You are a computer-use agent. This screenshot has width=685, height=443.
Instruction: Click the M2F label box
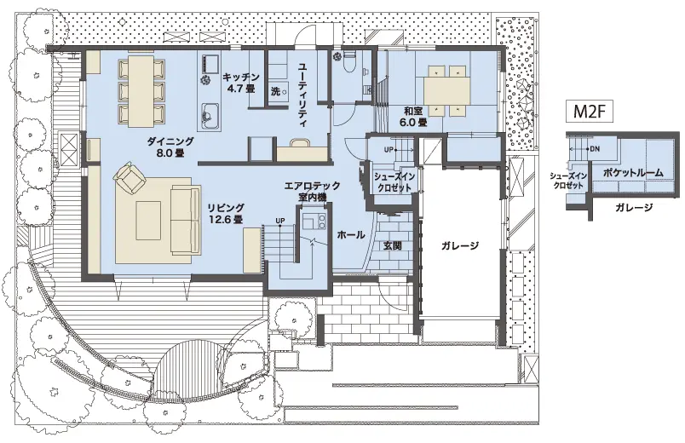[x=590, y=112]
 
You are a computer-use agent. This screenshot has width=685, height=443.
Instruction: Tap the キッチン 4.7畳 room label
[x=241, y=83]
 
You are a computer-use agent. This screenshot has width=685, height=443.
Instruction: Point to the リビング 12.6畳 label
[x=226, y=213]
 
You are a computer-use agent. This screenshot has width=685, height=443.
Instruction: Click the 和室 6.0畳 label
[x=413, y=117]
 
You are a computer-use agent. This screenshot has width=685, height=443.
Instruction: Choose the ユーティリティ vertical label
[x=302, y=95]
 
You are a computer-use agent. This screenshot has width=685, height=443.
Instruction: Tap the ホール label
[x=350, y=235]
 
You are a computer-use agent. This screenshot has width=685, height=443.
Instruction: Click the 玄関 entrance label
[x=392, y=245]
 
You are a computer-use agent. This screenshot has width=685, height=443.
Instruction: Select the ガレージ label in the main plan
[x=459, y=245]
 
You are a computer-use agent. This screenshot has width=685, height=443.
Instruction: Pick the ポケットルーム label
[x=633, y=173]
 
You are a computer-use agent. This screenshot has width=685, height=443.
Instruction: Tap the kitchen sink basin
[x=209, y=116]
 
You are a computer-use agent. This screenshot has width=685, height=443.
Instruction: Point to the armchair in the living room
[x=129, y=177]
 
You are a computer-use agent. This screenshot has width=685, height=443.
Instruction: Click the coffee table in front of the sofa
[x=148, y=220]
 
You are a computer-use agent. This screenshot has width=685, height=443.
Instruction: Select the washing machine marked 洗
[x=278, y=92]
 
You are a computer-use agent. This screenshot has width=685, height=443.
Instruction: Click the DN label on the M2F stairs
[x=595, y=149]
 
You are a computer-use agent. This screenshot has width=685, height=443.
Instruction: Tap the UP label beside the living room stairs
[x=280, y=221]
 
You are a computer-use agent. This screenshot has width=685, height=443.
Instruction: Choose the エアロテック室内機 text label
[x=312, y=192]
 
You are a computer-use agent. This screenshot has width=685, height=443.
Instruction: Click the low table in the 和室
[x=446, y=90]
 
